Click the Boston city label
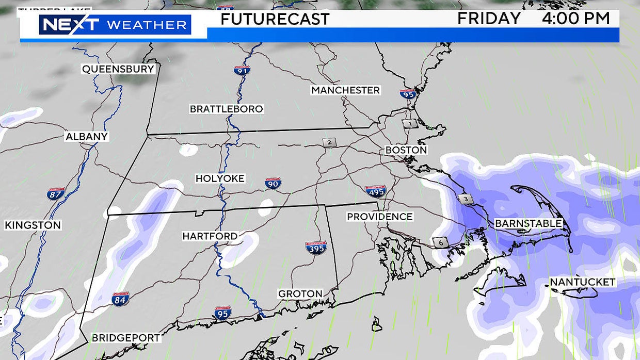coord(406,150)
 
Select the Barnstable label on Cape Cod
coord(528,223)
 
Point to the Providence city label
coord(379,217)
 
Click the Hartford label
coord(210,236)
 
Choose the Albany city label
coord(87,137)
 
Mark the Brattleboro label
coord(226,109)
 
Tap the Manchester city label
coord(345,90)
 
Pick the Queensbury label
coord(118,69)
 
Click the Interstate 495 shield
coord(375,191)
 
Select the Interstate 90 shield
coord(273,183)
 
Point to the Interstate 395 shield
coord(316,248)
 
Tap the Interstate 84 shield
coord(120,299)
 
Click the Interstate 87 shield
coord(55,194)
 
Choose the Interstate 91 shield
coord(242,70)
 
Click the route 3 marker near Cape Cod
coord(465,199)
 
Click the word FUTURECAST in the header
coord(275,19)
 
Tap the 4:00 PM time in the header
coord(575,19)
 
